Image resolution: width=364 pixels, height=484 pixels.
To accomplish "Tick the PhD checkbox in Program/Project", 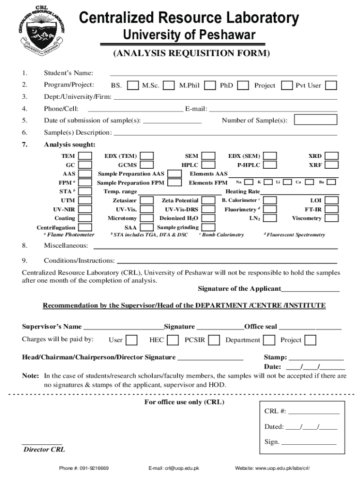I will click(x=243, y=86).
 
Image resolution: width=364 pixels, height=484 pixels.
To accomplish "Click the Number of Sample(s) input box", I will click(x=316, y=120).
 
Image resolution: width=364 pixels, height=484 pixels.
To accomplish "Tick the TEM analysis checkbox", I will click(x=85, y=156).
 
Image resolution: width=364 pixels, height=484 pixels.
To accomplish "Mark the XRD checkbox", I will click(x=332, y=156).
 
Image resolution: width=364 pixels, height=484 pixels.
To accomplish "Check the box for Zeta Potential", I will click(x=206, y=200).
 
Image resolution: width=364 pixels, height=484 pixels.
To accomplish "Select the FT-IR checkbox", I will click(x=332, y=209).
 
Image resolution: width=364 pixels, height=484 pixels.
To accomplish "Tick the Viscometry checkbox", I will click(x=332, y=218).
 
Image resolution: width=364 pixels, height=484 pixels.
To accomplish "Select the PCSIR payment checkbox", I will click(x=214, y=340).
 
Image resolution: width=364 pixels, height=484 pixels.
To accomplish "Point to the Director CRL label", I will click(x=44, y=449).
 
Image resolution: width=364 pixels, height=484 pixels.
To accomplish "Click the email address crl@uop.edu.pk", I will click(x=173, y=468).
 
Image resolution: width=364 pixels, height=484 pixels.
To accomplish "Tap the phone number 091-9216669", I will click(x=84, y=468).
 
